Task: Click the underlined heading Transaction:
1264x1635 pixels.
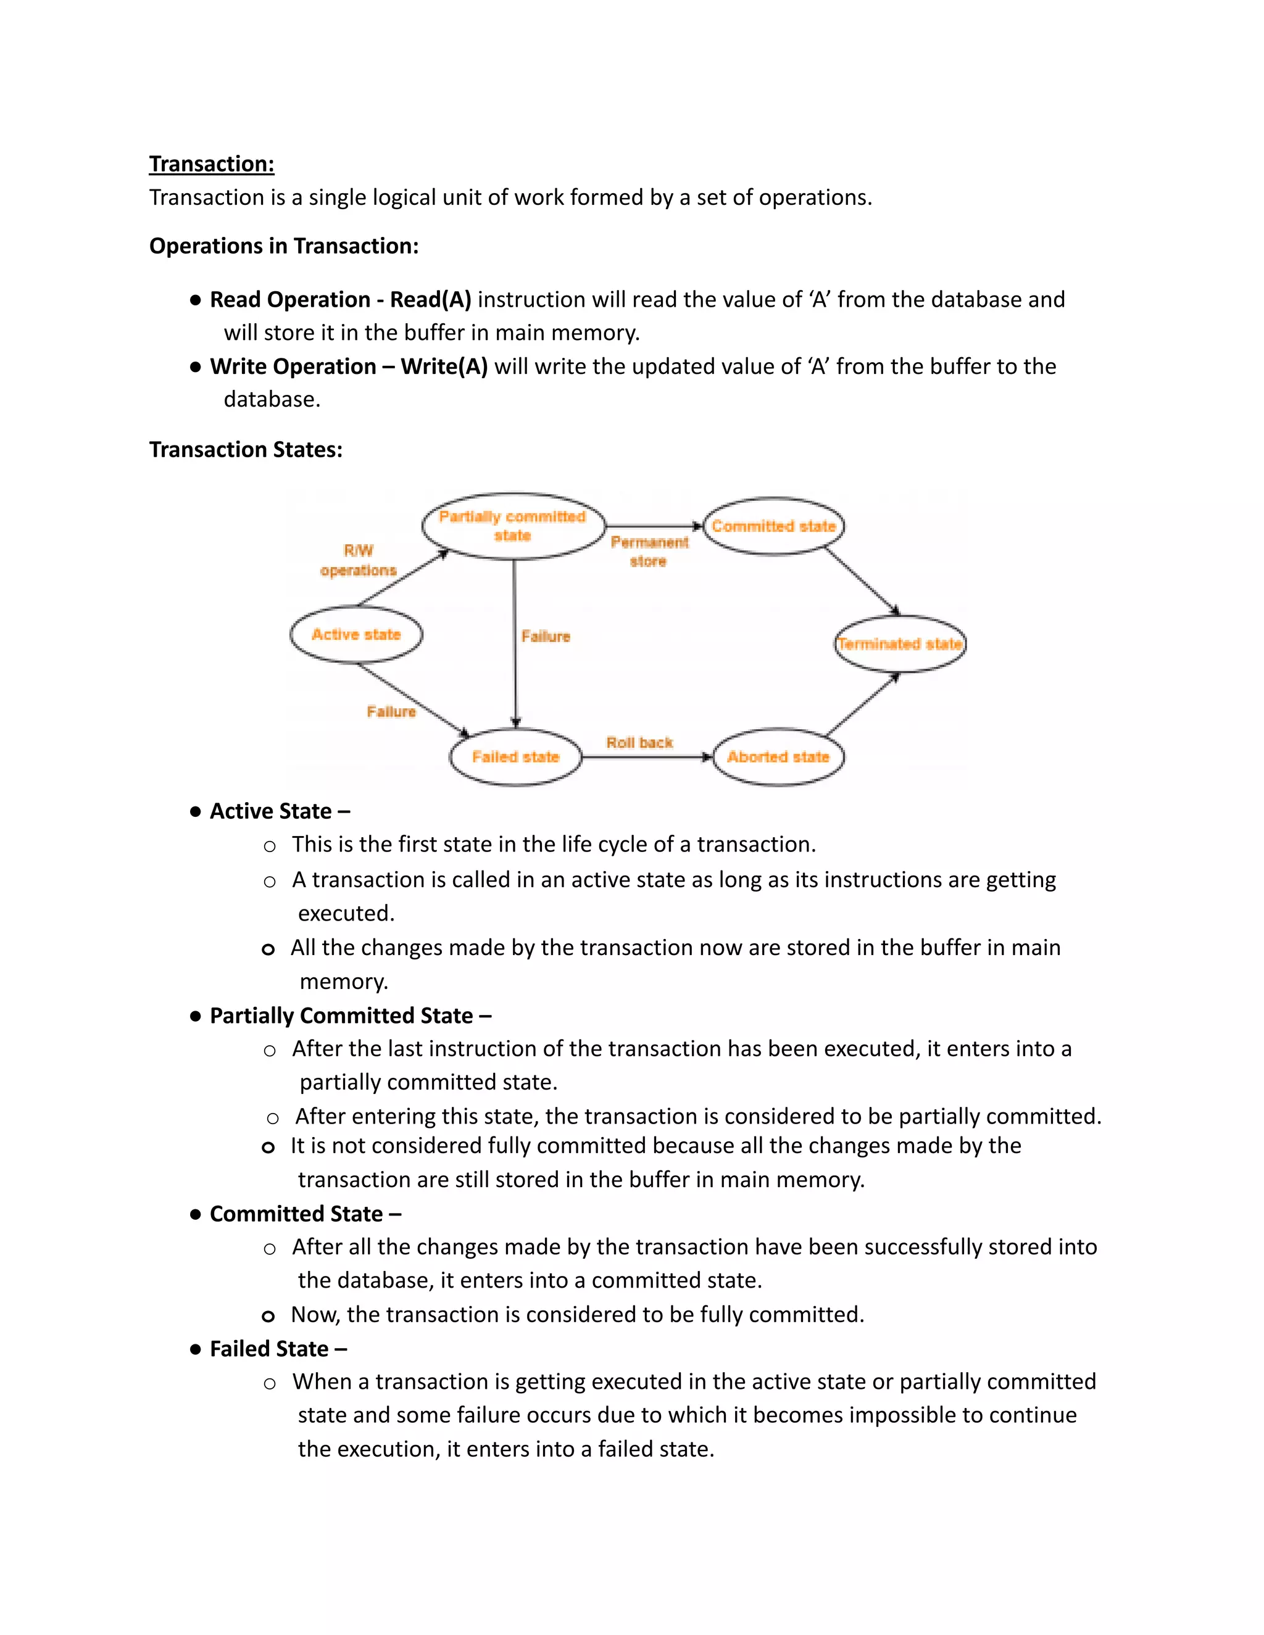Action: pyautogui.click(x=211, y=164)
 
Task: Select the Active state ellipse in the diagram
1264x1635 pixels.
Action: pyautogui.click(x=357, y=634)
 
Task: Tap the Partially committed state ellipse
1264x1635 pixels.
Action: pyautogui.click(x=513, y=526)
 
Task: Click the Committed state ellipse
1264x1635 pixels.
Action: pyautogui.click(x=773, y=526)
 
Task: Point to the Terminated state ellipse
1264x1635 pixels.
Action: pyautogui.click(x=899, y=643)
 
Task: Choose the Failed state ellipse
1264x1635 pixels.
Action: pyautogui.click(x=515, y=757)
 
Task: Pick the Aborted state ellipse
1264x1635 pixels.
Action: pyautogui.click(x=778, y=757)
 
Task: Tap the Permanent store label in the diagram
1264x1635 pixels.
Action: pyautogui.click(x=649, y=551)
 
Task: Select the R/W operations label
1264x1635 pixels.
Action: pyautogui.click(x=358, y=560)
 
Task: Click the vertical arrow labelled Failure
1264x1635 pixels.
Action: pyautogui.click(x=515, y=644)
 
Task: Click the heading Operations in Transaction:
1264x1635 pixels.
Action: pyautogui.click(x=284, y=246)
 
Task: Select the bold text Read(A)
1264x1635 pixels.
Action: pyautogui.click(x=431, y=299)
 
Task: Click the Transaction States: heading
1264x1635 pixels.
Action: pyautogui.click(x=246, y=449)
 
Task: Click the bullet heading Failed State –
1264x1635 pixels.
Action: pyautogui.click(x=278, y=1348)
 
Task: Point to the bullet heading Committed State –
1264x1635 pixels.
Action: pyautogui.click(x=305, y=1214)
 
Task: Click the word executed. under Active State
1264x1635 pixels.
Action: pyautogui.click(x=346, y=913)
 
